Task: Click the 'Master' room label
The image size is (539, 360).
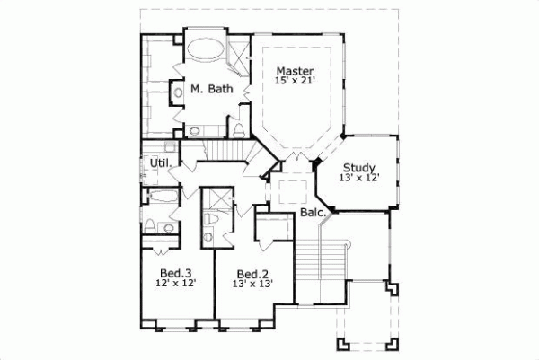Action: click(294, 70)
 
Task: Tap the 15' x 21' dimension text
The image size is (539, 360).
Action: click(295, 81)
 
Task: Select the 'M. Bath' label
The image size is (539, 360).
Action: click(212, 89)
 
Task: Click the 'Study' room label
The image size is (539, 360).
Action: click(358, 166)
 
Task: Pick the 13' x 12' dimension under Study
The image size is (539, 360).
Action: click(359, 177)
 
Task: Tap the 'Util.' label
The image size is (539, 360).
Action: click(161, 162)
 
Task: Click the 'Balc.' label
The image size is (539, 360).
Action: click(312, 213)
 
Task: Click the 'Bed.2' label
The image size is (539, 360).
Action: click(252, 273)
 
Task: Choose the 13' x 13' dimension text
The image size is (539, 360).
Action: click(252, 284)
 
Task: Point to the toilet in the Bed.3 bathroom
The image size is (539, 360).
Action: click(152, 224)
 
